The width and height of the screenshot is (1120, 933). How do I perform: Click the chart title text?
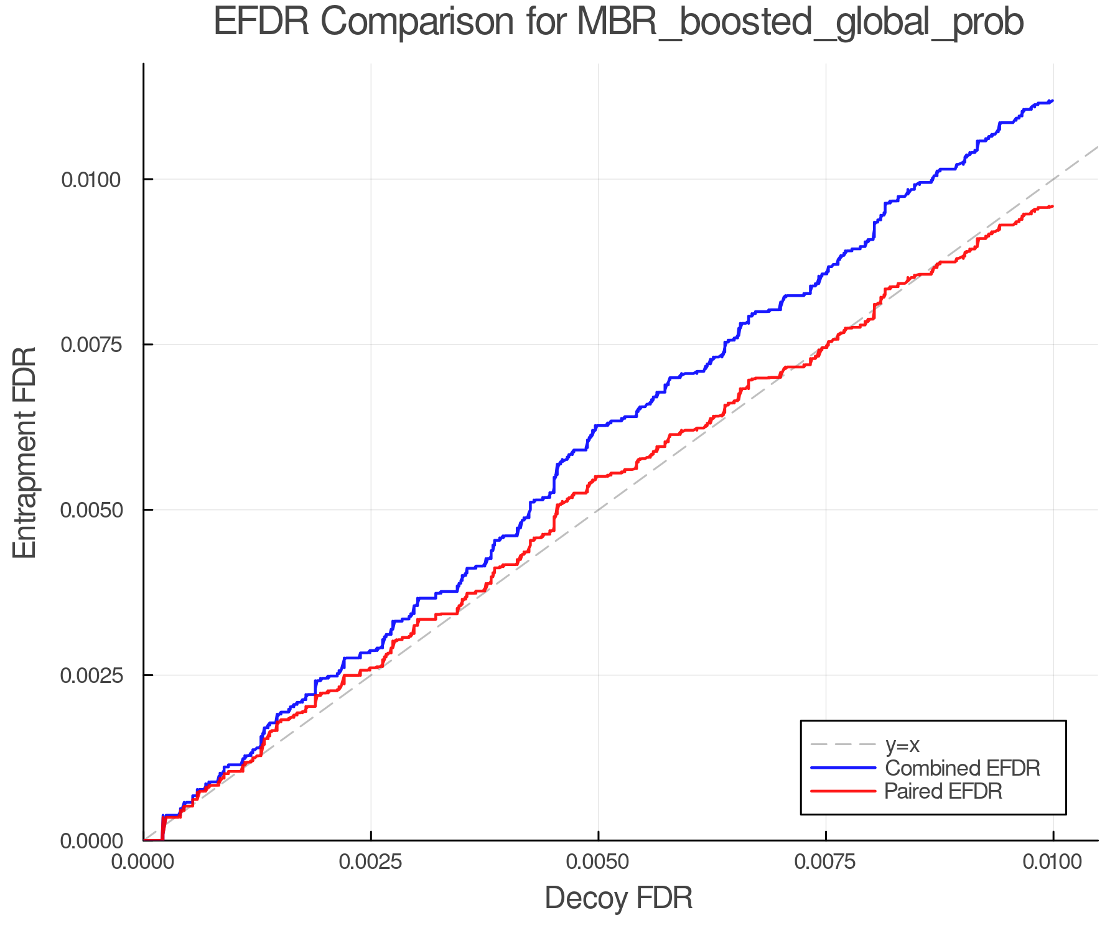(618, 22)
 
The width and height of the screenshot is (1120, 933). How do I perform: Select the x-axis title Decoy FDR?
(618, 898)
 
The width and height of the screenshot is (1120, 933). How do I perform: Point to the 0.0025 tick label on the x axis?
(371, 862)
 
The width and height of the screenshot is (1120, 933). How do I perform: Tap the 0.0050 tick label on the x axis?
(598, 862)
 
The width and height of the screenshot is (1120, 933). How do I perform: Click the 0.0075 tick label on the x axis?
(826, 862)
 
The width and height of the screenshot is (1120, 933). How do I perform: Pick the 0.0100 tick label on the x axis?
(1053, 862)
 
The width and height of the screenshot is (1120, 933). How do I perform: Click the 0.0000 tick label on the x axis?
(144, 862)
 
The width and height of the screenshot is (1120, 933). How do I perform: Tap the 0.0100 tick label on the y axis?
(91, 180)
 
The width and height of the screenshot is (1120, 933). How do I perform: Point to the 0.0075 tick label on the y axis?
(91, 345)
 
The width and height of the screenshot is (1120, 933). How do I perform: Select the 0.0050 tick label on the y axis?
(91, 510)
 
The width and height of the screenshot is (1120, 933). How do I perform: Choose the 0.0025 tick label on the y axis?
(91, 675)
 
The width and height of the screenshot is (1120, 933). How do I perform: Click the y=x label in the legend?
(902, 745)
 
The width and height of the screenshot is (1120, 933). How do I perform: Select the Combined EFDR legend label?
(962, 768)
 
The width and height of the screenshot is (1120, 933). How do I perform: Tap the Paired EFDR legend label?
(943, 791)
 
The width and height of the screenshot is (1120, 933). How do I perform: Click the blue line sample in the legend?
(843, 768)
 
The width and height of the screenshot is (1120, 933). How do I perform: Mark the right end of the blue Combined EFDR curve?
(1052, 101)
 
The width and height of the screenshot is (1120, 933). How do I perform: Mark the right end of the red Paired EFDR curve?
(1052, 207)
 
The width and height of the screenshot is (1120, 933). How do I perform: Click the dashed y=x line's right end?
(1097, 147)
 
